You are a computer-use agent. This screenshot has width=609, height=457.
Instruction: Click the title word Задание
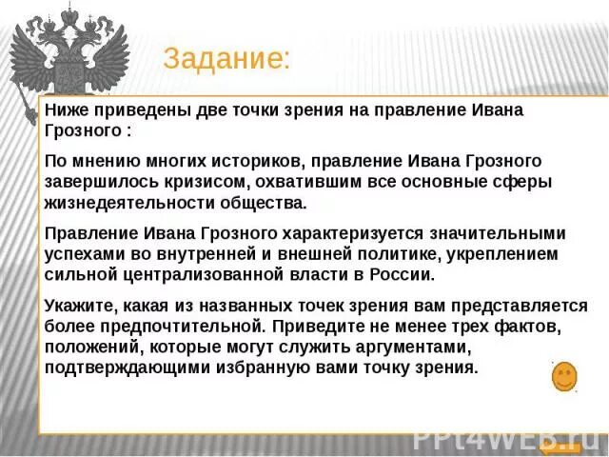[226, 58]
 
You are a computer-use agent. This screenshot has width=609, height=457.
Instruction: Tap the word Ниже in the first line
[66, 110]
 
